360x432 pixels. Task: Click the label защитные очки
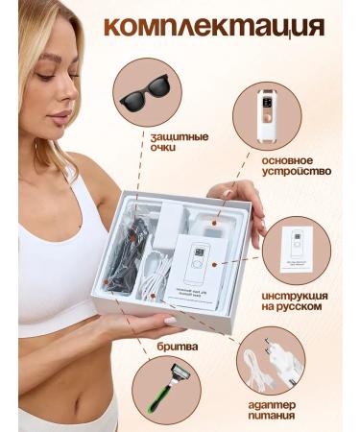(179, 143)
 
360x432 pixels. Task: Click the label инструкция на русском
(299, 304)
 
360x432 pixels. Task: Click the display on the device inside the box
(200, 256)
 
